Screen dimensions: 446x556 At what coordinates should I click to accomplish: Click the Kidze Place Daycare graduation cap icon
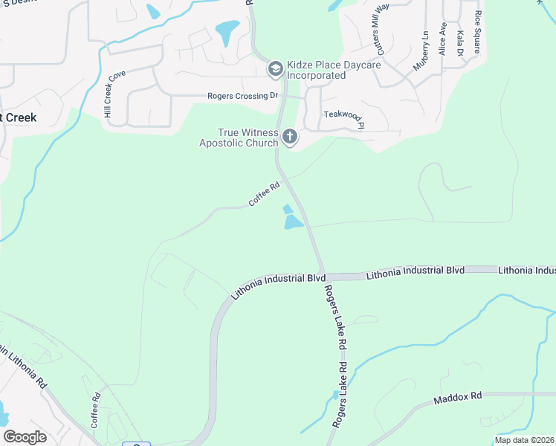[274, 69]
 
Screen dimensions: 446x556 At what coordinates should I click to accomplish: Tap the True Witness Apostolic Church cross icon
[290, 137]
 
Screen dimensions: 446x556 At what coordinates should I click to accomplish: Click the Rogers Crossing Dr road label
[242, 95]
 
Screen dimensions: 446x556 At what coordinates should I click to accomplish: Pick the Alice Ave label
[442, 39]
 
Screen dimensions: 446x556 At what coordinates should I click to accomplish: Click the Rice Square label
[477, 31]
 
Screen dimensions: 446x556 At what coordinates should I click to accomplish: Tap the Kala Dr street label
[460, 43]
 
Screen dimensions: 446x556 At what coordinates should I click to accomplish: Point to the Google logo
[25, 437]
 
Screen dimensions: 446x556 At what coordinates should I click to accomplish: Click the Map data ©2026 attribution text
[523, 440]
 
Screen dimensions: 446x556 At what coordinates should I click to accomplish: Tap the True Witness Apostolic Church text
[238, 137]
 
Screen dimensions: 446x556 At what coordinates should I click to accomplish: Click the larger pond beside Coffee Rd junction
[293, 222]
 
